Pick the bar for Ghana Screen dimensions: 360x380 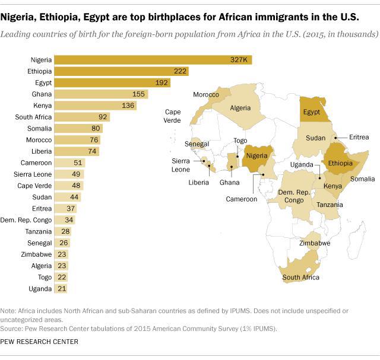(102, 94)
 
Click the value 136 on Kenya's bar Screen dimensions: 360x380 (128, 106)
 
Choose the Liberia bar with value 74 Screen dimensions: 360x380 (77, 151)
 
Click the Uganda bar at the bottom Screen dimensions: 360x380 (61, 288)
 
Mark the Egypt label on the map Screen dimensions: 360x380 (311, 111)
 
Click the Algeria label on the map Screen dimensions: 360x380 (240, 108)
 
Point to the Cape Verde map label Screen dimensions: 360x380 (176, 116)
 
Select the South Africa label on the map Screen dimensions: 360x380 (301, 277)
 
